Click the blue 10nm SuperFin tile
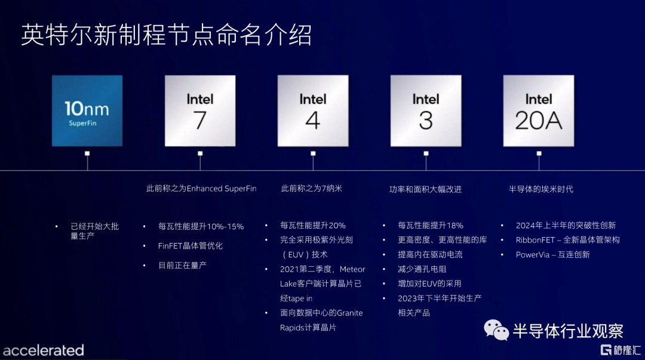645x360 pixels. [87, 110]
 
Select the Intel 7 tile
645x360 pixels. [200, 110]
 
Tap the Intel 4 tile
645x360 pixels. [313, 110]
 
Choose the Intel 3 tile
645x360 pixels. [426, 110]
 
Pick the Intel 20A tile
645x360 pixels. [539, 110]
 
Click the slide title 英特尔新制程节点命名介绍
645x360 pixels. [166, 35]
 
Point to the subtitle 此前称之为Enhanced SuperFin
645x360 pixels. [201, 189]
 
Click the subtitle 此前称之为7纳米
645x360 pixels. [311, 189]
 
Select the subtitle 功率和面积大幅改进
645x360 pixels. [425, 189]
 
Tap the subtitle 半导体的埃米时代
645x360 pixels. [541, 189]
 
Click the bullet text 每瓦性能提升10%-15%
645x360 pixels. [201, 226]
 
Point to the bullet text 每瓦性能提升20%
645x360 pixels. [312, 226]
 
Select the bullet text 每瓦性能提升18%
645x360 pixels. [430, 226]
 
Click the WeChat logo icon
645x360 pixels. [496, 330]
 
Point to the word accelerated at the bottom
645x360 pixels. [44, 350]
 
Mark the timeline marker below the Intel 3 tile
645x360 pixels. [426, 153]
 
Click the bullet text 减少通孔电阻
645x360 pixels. [422, 269]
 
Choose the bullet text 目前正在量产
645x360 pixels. [182, 265]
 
